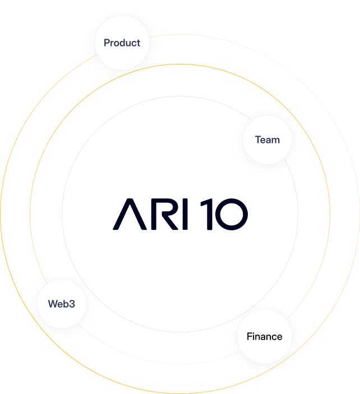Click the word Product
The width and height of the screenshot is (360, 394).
coord(122,43)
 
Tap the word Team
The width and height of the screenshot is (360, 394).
coord(267,140)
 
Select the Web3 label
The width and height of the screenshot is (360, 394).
coord(61,304)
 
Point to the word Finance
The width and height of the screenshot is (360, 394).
coord(264,336)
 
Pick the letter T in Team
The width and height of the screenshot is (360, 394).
coord(258,140)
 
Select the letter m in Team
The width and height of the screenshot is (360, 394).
coord(275,140)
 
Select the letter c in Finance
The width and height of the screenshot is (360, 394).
coord(273,337)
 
